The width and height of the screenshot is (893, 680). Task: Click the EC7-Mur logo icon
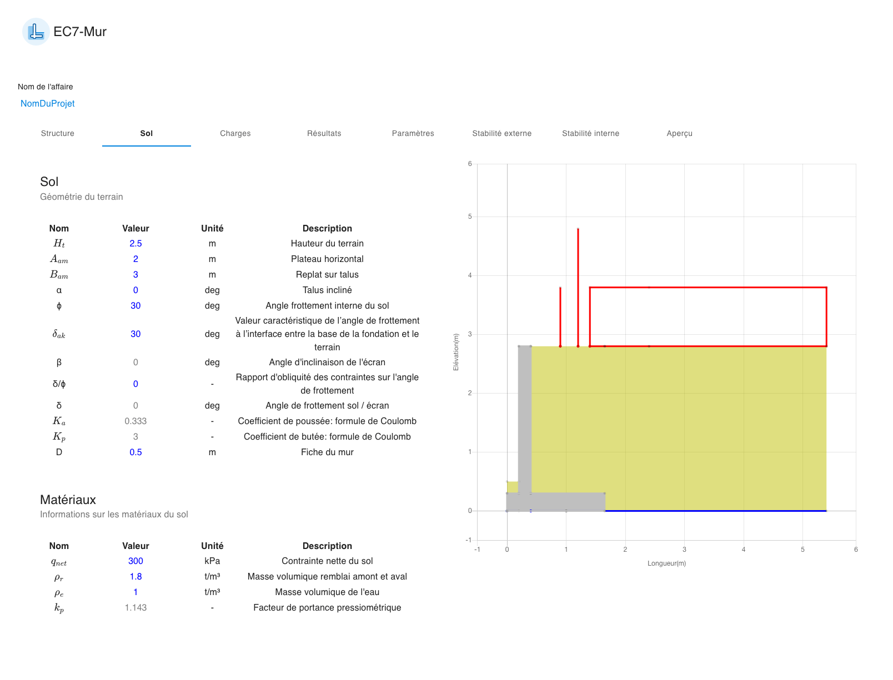coord(36,32)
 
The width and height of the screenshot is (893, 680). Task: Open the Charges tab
coord(235,133)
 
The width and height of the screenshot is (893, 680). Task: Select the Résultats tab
coord(324,133)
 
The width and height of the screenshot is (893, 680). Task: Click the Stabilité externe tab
coord(501,133)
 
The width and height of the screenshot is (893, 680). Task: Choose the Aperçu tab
coord(679,133)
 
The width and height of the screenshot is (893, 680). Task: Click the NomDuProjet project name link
coord(48,104)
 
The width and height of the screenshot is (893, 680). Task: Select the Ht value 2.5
coord(136,244)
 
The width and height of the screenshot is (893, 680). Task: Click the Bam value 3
coord(136,275)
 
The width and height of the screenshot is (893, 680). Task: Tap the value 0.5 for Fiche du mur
coord(136,452)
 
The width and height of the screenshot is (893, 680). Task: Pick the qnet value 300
coord(136,561)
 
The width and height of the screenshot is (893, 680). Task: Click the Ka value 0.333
coord(136,421)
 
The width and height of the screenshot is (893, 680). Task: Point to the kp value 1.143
coord(136,608)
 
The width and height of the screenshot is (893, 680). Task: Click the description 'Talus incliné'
coord(327,290)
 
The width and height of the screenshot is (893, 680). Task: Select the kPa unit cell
coord(212,561)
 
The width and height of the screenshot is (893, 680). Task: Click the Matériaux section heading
coord(68,500)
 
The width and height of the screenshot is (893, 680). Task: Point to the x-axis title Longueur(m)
coord(666,563)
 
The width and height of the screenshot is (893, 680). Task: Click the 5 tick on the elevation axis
coord(470,216)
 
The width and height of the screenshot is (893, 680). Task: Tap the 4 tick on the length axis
coord(744,550)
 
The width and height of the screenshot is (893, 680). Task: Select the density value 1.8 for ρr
coord(136,577)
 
